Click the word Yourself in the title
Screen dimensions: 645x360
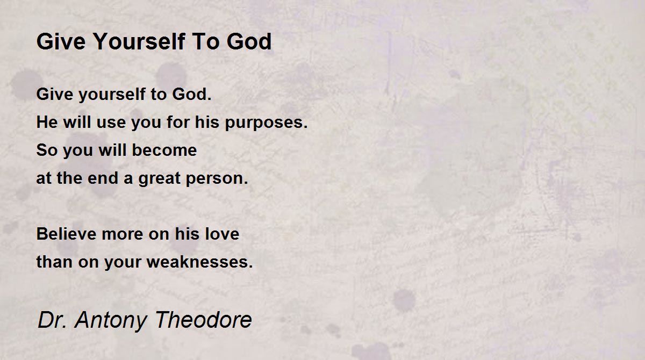[139, 41]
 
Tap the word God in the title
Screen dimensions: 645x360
[249, 41]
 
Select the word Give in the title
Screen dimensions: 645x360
[61, 41]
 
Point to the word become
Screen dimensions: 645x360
[164, 150]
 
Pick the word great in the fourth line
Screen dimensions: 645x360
[160, 179]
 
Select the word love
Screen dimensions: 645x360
[222, 234]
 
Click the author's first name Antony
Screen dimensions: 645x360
[111, 321]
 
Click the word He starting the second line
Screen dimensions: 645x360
[47, 122]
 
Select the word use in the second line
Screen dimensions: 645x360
[111, 123]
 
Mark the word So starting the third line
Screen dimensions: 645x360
[47, 150]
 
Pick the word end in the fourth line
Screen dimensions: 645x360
[103, 178]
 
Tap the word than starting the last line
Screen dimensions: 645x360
[54, 262]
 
